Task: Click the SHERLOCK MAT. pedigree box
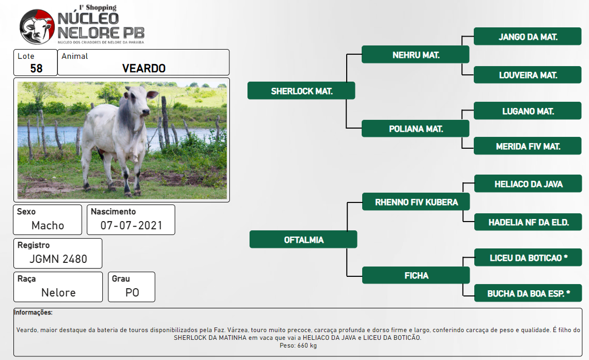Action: pyautogui.click(x=301, y=91)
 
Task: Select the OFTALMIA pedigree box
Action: pyautogui.click(x=303, y=240)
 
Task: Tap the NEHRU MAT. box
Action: pyautogui.click(x=415, y=55)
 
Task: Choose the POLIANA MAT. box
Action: pyautogui.click(x=415, y=129)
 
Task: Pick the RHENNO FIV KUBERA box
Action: pyautogui.click(x=416, y=202)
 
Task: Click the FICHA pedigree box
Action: pyautogui.click(x=416, y=275)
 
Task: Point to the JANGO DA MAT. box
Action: pyautogui.click(x=528, y=36)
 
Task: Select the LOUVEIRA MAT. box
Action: pyautogui.click(x=528, y=75)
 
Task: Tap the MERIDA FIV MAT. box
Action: pyautogui.click(x=528, y=146)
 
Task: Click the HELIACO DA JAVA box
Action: pyautogui.click(x=528, y=183)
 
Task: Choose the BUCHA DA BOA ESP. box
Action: pyautogui.click(x=528, y=293)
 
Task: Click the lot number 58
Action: pyautogui.click(x=37, y=68)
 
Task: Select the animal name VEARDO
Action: pyautogui.click(x=144, y=68)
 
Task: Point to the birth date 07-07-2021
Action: pyautogui.click(x=131, y=225)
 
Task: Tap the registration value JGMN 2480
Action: pyautogui.click(x=58, y=259)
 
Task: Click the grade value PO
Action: pyautogui.click(x=132, y=292)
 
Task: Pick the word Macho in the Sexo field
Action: pyautogui.click(x=48, y=225)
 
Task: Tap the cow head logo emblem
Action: pyautogui.click(x=37, y=27)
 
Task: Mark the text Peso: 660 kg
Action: pyautogui.click(x=298, y=346)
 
